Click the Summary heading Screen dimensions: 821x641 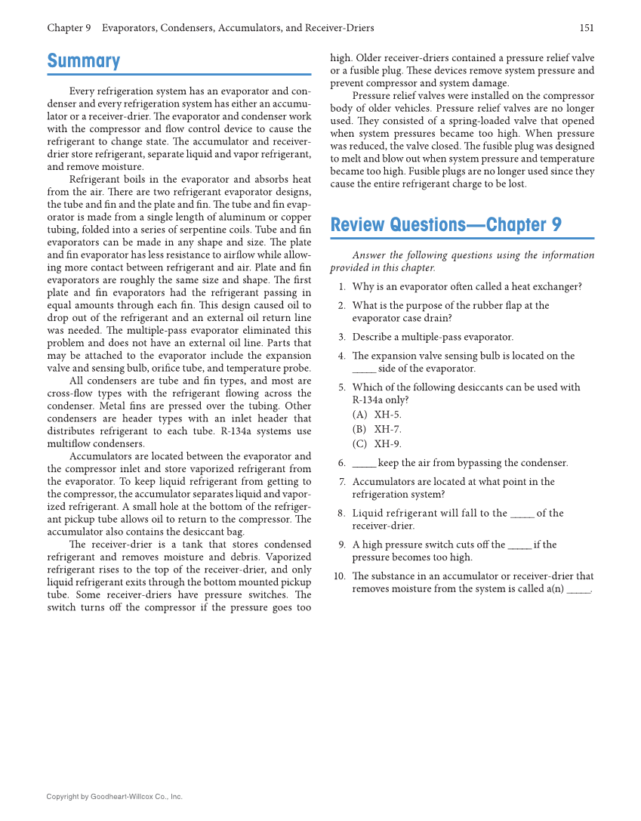[84, 61]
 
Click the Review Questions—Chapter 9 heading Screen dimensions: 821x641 [445, 225]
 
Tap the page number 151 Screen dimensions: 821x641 [587, 28]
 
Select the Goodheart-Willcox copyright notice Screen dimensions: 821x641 [114, 796]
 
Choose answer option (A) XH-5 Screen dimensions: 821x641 [377, 414]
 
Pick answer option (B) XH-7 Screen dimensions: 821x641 [377, 429]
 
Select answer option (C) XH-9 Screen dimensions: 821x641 [377, 444]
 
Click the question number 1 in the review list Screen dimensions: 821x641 [341, 287]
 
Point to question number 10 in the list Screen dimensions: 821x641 [339, 576]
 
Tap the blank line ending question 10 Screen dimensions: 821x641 [578, 591]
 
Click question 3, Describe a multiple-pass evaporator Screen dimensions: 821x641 [432, 338]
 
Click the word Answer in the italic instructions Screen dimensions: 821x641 [368, 255]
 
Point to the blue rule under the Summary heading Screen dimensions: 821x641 [179, 75]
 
